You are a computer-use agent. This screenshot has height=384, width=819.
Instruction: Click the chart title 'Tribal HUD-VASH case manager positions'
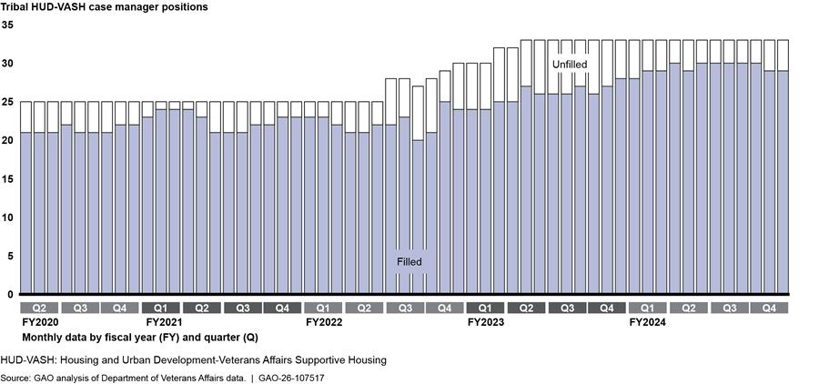(x=105, y=7)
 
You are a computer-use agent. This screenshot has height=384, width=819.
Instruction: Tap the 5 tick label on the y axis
(x=10, y=257)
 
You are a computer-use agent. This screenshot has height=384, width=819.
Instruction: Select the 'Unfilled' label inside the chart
(x=570, y=66)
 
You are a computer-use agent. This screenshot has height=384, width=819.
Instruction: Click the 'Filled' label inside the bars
(x=409, y=262)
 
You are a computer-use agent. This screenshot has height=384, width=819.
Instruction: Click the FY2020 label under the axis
(x=39, y=322)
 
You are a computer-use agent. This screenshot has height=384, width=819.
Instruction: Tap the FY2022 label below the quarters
(x=325, y=322)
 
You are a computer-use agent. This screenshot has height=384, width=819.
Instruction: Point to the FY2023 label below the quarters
(x=487, y=322)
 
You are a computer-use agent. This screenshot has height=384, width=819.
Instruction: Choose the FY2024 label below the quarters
(x=648, y=322)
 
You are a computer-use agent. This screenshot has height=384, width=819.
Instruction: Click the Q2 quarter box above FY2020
(x=39, y=308)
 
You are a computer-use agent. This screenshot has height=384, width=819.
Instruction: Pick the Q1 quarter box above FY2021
(x=161, y=308)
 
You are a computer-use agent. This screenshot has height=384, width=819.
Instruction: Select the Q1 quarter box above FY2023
(x=485, y=308)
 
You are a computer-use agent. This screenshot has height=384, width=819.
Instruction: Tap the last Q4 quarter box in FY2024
(x=769, y=308)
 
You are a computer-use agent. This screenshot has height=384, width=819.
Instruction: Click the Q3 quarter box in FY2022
(x=404, y=308)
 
